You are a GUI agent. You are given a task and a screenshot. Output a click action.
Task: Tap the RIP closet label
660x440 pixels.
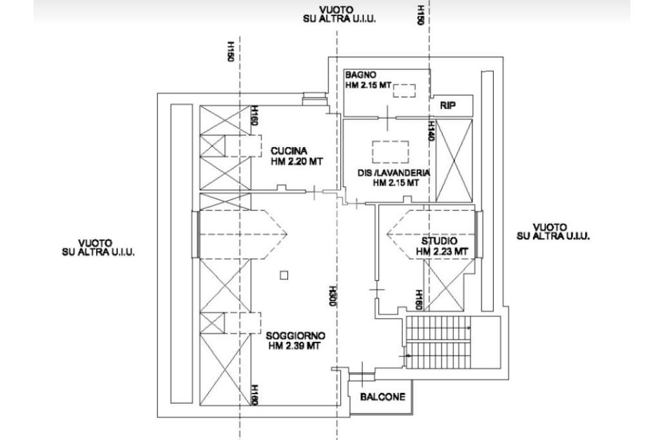[448, 105]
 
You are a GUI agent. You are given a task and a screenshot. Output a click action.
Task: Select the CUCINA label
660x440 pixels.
[289, 151]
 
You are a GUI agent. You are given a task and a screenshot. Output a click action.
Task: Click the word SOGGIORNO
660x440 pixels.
[295, 336]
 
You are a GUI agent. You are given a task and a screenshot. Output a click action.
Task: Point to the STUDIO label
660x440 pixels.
[439, 241]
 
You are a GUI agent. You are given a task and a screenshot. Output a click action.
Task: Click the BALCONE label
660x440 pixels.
[383, 397]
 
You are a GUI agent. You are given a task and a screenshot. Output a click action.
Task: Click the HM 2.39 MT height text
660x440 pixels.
[295, 346]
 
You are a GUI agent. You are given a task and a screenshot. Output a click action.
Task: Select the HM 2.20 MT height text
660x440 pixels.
[296, 161]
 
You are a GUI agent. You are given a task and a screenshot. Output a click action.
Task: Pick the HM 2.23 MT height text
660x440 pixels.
[442, 252]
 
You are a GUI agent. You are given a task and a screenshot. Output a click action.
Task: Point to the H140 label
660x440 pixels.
[431, 131]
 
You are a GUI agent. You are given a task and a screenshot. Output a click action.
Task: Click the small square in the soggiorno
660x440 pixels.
[284, 275]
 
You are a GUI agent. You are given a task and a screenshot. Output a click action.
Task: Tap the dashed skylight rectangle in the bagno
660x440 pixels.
[405, 90]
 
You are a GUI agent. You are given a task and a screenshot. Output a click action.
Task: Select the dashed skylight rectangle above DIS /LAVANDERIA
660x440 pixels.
[390, 152]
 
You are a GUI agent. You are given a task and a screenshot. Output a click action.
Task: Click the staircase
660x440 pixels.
[438, 342]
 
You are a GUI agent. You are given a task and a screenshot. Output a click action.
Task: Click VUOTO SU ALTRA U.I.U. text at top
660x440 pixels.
[339, 14]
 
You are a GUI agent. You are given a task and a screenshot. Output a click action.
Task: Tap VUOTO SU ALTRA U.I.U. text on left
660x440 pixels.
[98, 248]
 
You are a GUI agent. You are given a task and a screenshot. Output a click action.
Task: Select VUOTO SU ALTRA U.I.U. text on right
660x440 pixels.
[553, 232]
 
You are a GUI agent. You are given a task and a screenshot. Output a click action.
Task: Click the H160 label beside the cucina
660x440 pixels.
[254, 115]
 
